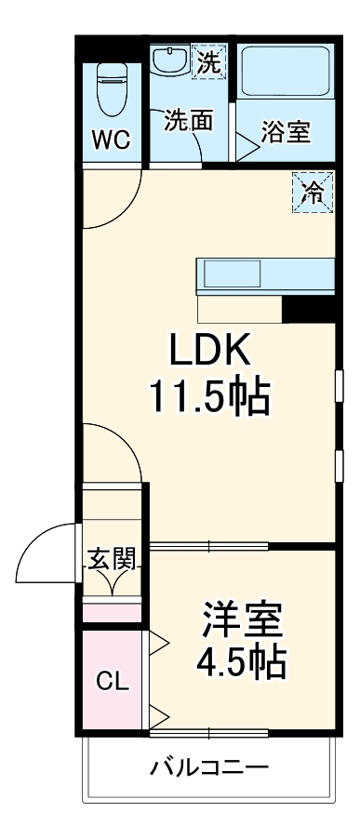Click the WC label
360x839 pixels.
point(109,140)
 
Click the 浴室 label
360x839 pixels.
point(286,132)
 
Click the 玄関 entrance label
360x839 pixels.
point(112,558)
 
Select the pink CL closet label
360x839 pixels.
point(112,681)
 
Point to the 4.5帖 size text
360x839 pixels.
point(240,662)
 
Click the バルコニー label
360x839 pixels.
point(210,768)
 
